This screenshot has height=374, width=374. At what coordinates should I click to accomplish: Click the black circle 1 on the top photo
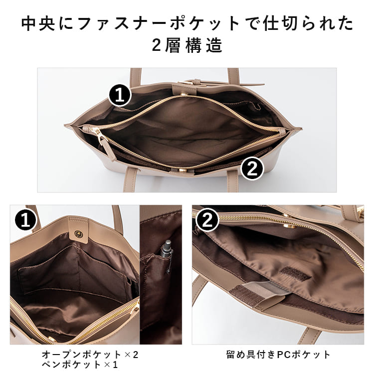[x=120, y=95]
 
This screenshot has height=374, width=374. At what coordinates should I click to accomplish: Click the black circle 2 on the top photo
[x=252, y=168]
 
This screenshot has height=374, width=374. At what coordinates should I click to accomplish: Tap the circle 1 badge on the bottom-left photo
[x=25, y=220]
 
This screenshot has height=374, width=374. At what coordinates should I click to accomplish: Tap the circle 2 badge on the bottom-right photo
[x=207, y=220]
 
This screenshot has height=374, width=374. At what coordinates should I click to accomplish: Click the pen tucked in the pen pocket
[x=168, y=255]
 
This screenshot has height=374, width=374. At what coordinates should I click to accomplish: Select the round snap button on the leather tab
[x=78, y=233]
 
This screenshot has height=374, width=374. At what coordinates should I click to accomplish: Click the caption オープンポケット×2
[x=90, y=355]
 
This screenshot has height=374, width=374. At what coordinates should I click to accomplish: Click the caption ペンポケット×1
[x=80, y=365]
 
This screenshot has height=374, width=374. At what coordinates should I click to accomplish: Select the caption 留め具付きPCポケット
[x=278, y=355]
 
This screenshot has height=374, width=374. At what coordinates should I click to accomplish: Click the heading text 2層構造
[x=187, y=45]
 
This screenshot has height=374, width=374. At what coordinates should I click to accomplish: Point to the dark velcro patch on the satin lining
[x=295, y=274]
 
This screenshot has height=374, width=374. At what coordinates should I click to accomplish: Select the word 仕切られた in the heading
[x=308, y=24]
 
